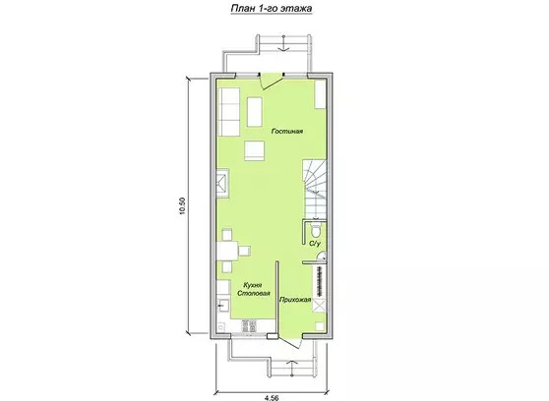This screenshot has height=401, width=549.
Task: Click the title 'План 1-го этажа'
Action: [272, 8]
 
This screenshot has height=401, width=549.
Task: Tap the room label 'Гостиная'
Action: [287, 132]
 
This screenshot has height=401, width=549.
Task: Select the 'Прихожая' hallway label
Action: [295, 300]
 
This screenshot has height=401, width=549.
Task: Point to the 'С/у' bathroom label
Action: [315, 243]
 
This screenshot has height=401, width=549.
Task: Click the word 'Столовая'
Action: [254, 293]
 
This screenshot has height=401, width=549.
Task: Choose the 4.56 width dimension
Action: [272, 397]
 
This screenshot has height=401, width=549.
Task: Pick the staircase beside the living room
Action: [315, 189]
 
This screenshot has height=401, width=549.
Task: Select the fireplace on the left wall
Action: [222, 184]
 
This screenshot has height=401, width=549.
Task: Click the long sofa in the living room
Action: [228, 112]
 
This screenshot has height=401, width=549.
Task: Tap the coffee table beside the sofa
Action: [255, 112]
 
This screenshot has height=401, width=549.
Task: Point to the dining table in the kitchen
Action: [227, 251]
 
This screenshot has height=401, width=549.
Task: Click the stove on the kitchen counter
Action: [248, 326]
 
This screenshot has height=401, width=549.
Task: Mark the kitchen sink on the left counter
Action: [223, 308]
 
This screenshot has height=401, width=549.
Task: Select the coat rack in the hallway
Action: [319, 281]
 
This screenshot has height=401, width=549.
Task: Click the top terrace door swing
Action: [272, 82]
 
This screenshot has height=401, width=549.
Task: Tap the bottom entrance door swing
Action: [291, 341]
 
